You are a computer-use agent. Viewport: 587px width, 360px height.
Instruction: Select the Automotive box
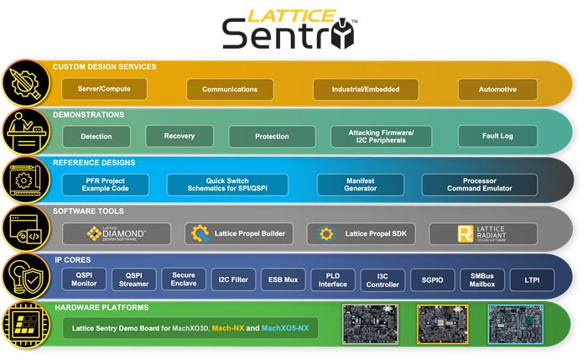498,89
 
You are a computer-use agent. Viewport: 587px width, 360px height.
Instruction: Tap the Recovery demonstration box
179,136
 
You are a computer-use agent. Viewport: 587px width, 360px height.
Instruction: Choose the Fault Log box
498,136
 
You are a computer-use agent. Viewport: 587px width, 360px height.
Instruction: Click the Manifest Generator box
360,185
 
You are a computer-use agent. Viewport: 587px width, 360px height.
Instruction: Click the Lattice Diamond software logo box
117,233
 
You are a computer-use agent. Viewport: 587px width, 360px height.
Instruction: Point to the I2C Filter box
231,279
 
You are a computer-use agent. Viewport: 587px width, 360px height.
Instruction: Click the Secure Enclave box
184,279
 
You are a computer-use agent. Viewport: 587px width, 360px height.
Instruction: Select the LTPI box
532,279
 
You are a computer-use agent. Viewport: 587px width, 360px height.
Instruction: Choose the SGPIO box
434,279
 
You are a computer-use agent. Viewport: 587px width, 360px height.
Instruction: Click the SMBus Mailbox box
483,279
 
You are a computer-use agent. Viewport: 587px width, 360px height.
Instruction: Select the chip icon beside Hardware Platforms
23,323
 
